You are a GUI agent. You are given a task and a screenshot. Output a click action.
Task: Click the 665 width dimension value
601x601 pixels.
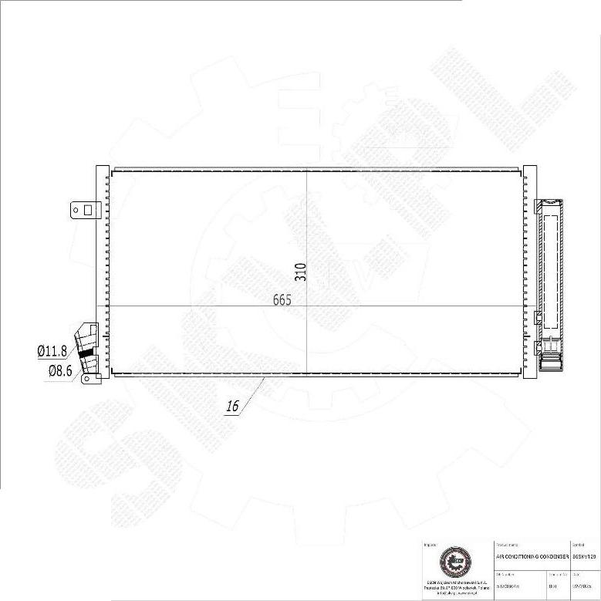282,300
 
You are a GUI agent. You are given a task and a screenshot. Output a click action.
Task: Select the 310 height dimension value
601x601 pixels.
301,272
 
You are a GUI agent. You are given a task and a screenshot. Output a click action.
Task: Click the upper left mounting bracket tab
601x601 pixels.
83,209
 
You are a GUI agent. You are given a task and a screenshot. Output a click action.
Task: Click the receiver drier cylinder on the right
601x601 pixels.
549,278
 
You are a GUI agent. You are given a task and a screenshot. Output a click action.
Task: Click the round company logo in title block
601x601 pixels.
454,562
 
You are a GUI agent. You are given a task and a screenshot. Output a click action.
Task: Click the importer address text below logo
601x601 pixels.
454,586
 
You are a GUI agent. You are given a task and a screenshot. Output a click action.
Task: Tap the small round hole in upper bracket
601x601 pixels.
77,209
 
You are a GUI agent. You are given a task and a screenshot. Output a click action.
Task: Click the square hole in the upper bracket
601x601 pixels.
88,209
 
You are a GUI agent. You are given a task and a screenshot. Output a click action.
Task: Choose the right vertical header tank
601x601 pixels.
529,270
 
